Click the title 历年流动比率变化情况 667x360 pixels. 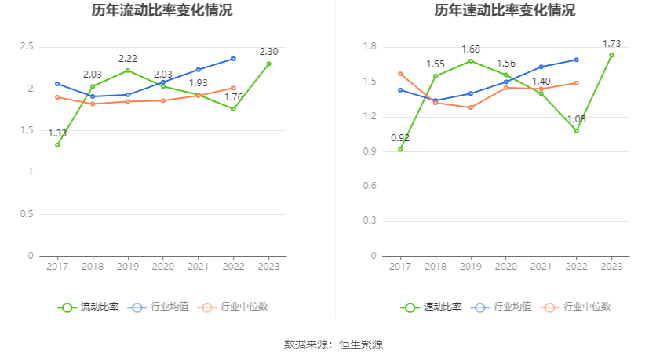click(x=162, y=11)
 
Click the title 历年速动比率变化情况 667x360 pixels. click(x=505, y=11)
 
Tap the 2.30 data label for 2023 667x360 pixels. click(x=269, y=52)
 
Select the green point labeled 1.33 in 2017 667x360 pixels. click(x=57, y=145)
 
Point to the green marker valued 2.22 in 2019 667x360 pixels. click(x=128, y=71)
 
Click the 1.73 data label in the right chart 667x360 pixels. click(x=612, y=44)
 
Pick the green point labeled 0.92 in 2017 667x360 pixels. click(x=400, y=149)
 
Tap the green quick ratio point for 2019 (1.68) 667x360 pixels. click(x=471, y=61)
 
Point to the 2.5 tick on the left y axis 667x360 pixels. click(x=27, y=47)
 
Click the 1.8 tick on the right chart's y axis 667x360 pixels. click(x=370, y=47)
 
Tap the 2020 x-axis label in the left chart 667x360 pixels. click(x=163, y=267)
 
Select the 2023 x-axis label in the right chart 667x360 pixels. click(x=612, y=267)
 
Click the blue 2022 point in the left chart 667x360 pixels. click(x=234, y=59)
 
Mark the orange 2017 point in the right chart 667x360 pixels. click(x=400, y=74)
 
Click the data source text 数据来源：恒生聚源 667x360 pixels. click(x=333, y=344)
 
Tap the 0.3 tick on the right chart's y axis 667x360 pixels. click(x=370, y=221)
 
